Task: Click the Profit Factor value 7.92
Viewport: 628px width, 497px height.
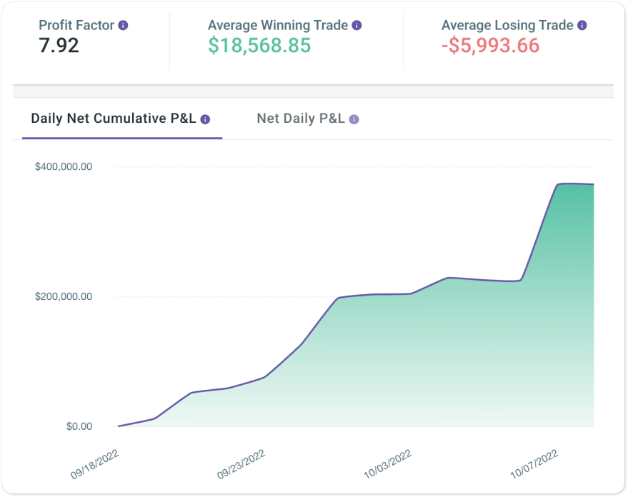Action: tap(59, 46)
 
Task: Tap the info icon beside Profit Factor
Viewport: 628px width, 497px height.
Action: tap(124, 25)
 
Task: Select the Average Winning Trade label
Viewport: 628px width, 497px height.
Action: tap(278, 25)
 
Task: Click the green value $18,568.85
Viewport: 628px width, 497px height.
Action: tap(259, 46)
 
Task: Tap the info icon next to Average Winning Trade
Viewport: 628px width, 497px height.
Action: tap(357, 25)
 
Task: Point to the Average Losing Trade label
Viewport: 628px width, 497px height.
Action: tap(507, 25)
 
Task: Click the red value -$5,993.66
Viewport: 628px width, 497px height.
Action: tap(491, 46)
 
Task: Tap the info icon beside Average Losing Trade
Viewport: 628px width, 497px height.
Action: tap(582, 25)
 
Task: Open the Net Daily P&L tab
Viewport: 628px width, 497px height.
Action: tap(301, 119)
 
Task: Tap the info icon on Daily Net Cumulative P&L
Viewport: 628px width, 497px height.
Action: tap(206, 119)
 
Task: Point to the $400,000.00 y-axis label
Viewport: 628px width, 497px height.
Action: tap(64, 166)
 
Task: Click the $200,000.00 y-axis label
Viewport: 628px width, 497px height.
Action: tap(64, 296)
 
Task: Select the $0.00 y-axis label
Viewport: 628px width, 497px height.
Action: tap(79, 426)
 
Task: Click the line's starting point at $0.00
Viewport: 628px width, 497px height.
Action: tap(119, 426)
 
